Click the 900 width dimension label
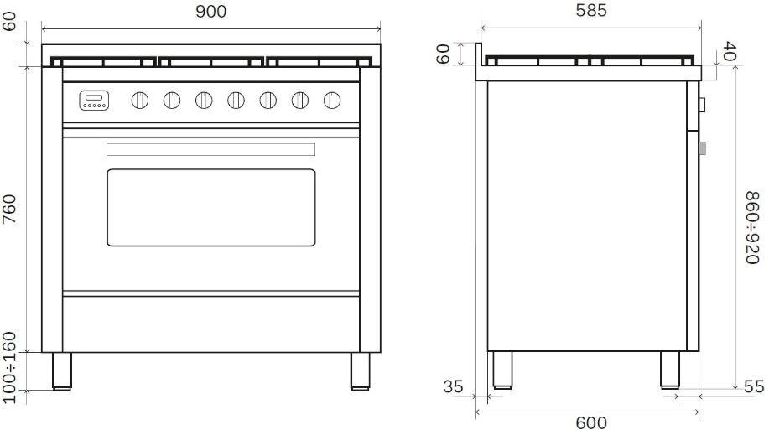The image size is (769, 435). coord(210,11)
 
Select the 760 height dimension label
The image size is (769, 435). coord(9,209)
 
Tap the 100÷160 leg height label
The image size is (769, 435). coord(9,368)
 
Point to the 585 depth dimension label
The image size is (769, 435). coord(591,10)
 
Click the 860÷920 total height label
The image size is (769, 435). coord(752,227)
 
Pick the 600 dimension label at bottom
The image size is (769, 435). coord(591,422)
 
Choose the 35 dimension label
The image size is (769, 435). coord(453,386)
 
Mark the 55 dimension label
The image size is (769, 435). coord(754,386)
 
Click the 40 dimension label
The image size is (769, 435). coord(730,51)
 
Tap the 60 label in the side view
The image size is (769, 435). coord(443,54)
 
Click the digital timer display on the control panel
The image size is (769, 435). coord(94,101)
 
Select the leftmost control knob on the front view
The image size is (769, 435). coord(140,101)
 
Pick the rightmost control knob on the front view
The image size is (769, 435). coord(332,101)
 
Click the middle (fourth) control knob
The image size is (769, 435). coord(236,101)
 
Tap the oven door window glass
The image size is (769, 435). coord(210,208)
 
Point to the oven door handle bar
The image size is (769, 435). coord(210,149)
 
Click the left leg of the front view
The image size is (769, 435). coord(62,371)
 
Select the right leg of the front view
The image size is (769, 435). coord(360,371)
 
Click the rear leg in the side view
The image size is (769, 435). coord(502,370)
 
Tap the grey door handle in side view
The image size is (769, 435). coord(702,148)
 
